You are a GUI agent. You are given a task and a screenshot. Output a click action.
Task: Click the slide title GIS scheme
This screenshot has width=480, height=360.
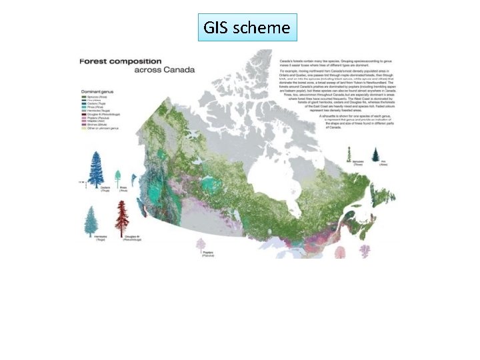coord(247,27)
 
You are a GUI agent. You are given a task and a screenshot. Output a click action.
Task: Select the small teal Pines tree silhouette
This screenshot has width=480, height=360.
coord(118,179)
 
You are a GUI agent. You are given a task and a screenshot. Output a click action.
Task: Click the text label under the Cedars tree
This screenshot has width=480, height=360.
coord(105,190)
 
